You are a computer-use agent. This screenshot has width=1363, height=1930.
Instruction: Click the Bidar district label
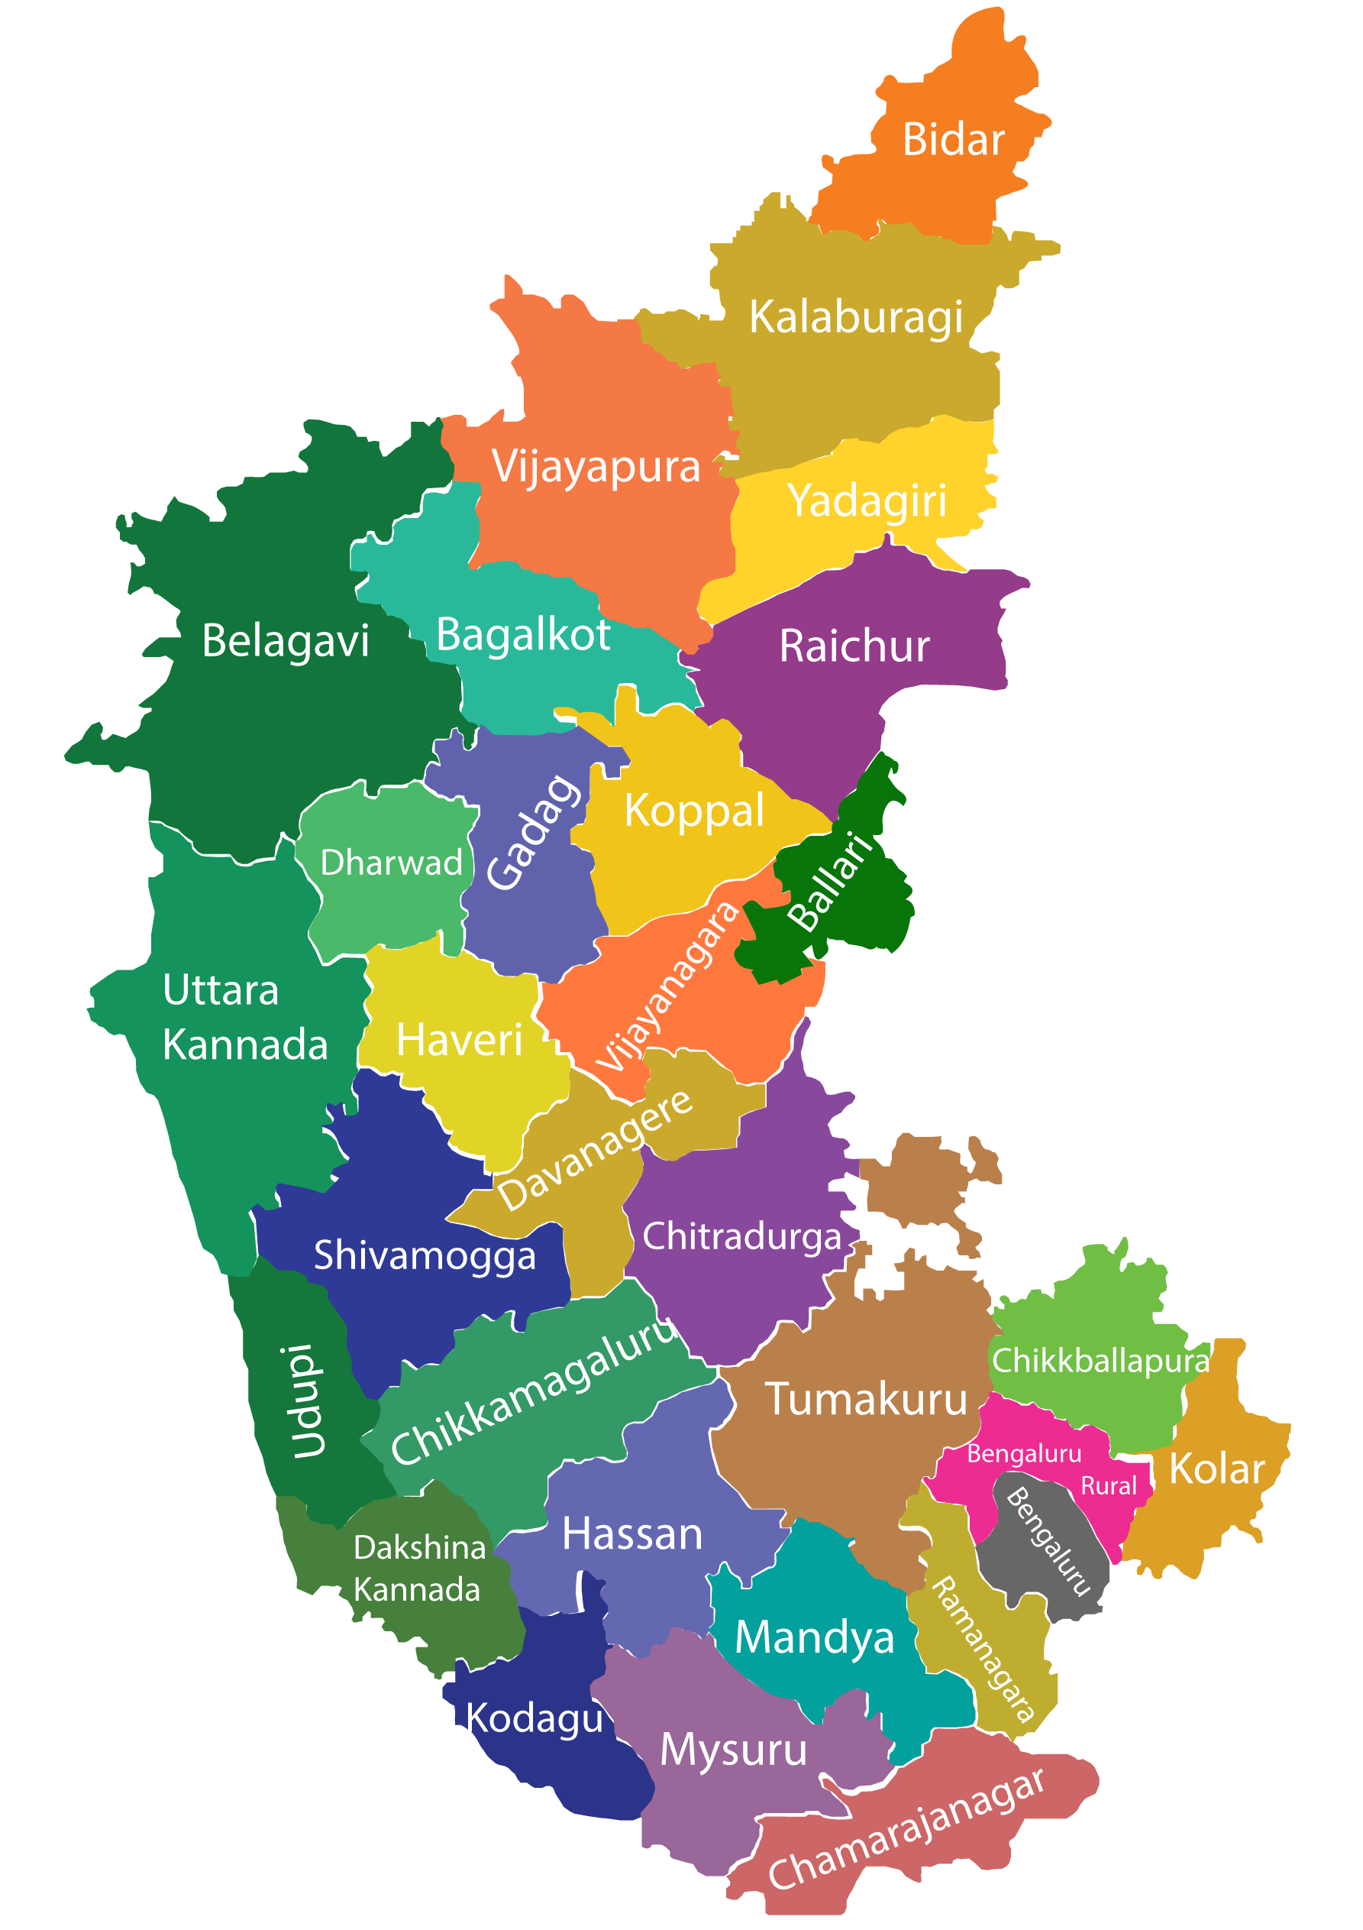pos(953,140)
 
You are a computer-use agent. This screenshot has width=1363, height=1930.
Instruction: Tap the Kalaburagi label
pos(855,318)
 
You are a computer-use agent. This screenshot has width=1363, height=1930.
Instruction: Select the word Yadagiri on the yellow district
pos(867,502)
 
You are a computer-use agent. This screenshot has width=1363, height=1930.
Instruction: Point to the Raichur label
pos(854,646)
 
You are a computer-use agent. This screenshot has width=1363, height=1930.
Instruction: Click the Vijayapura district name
pos(596,467)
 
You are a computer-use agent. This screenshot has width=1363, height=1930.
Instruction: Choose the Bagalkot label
pos(523,635)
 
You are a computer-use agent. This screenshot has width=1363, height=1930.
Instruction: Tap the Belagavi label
pos(285,641)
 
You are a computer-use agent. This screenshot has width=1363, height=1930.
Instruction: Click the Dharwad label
pos(391,863)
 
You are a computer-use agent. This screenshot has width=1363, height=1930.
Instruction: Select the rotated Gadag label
pos(533,832)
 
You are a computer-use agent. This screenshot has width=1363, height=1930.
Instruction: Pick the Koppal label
pos(694,811)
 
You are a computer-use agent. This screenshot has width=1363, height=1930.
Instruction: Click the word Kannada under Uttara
pos(244,1045)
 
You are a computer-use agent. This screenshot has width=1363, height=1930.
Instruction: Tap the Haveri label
pos(459,1041)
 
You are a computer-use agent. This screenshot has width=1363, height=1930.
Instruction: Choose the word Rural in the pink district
pos(1107,1486)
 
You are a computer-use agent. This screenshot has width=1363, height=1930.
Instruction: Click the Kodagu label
pos(535,1718)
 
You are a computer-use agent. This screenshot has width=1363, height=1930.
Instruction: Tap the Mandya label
pos(814,1637)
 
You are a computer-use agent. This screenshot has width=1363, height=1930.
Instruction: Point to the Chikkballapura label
pos(1100,1361)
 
